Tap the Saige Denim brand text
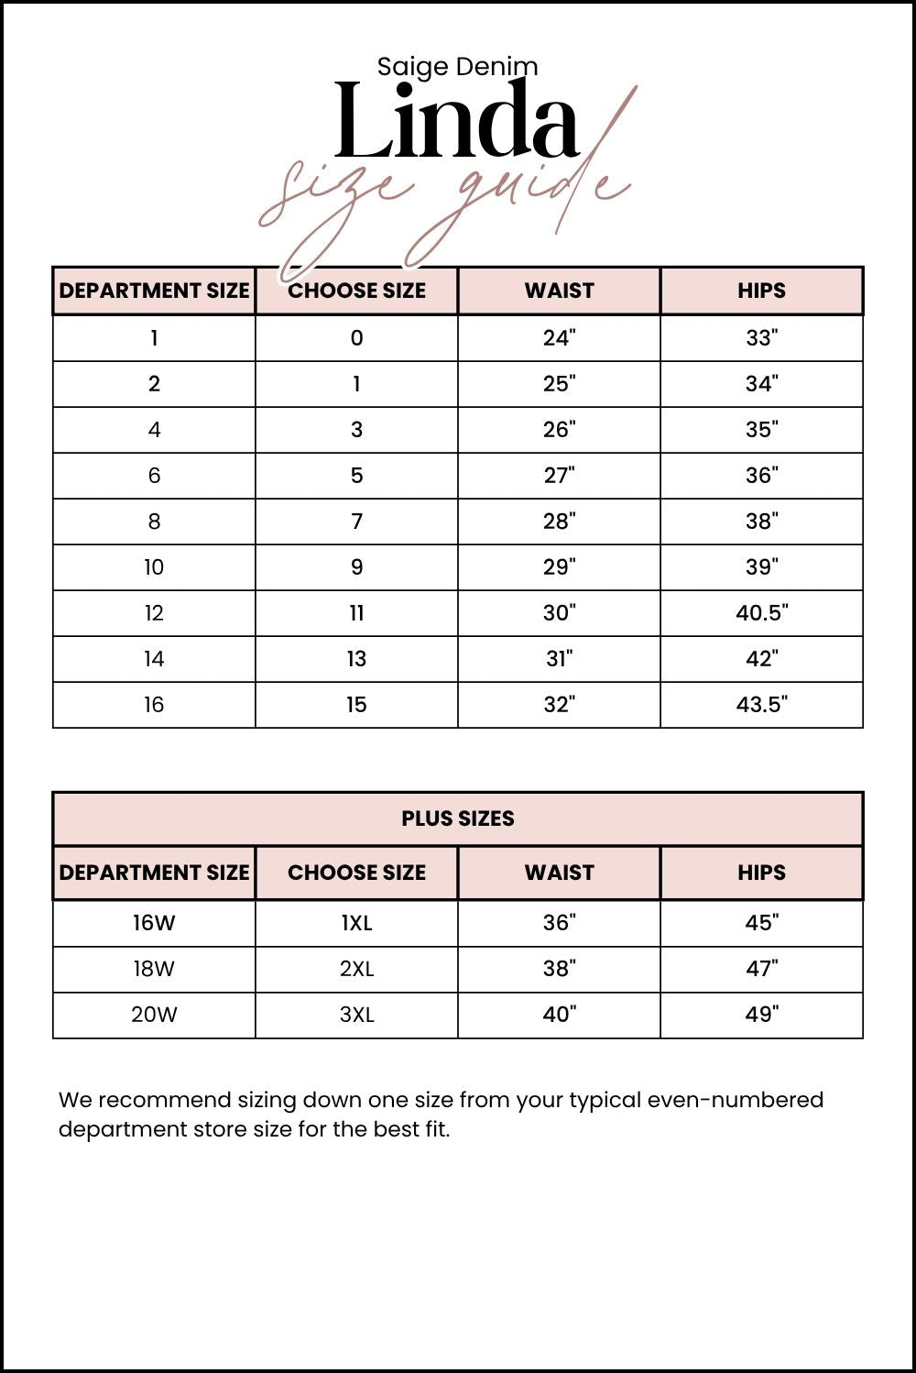coord(457,66)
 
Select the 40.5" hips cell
coord(761,613)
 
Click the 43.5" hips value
coord(761,705)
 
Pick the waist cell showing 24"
coord(559,338)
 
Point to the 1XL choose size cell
coord(356,923)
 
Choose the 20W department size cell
coord(154,1015)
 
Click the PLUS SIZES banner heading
coord(457,818)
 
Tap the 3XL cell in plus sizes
coord(356,1015)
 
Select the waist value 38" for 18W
coord(559,969)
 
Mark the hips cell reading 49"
coord(761,1015)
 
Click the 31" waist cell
coord(559,659)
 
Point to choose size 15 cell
coord(356,705)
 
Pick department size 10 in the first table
coord(154,567)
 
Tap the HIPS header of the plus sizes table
coord(761,873)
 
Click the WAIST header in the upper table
coord(559,291)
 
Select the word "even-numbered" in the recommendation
coord(736,1100)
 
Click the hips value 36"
coord(761,476)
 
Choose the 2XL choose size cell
coord(356,969)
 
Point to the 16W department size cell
coord(154,923)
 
